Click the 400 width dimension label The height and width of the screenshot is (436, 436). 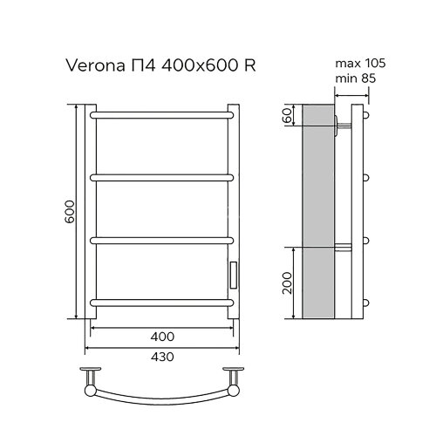[x=162, y=336]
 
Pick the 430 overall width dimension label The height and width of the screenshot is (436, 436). [x=162, y=358]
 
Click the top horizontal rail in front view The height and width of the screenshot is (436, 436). [x=162, y=113]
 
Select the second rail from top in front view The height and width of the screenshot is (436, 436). [x=162, y=176]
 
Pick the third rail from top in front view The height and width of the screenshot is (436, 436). [x=162, y=239]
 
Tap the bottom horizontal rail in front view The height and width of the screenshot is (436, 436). [x=162, y=303]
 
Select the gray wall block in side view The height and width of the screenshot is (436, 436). [x=317, y=214]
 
